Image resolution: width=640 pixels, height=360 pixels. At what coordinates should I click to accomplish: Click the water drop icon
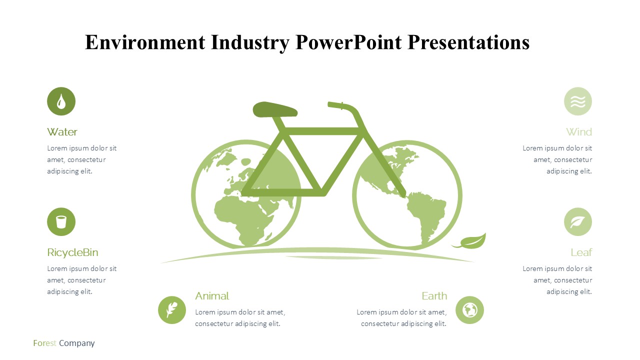pos(61,101)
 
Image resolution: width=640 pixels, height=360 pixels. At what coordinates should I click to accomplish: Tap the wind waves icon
pos(577,101)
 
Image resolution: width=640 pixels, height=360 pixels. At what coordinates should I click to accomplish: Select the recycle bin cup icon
pos(61,221)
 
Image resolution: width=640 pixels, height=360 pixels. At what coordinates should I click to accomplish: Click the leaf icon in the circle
pos(577,221)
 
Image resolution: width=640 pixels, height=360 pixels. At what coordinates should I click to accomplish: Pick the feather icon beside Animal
pos(172,310)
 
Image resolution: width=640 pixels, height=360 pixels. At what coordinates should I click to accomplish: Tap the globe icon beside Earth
pos(469,310)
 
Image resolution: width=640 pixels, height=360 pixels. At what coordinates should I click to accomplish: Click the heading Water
pos(62,132)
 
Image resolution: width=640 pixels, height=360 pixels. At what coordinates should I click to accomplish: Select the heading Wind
pos(579,132)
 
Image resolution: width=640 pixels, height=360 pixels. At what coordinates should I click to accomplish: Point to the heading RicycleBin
pos(72,253)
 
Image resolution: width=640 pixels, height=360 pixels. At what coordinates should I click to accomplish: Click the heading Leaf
pos(581,252)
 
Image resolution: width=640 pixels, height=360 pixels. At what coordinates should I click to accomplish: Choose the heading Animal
pos(212,296)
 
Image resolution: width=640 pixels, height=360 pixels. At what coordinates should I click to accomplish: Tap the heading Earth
pos(434,296)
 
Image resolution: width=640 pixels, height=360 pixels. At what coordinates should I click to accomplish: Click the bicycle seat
pos(275,109)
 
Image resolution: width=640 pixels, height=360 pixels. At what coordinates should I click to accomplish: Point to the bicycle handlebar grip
pos(335,105)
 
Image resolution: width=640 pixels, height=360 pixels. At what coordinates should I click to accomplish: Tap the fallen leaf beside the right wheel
pos(470,241)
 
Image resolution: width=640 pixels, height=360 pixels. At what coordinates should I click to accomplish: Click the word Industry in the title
pos(250,42)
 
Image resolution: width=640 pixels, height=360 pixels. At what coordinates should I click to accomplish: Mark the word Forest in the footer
pos(44,343)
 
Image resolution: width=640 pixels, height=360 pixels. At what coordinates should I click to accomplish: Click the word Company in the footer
pos(77,343)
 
